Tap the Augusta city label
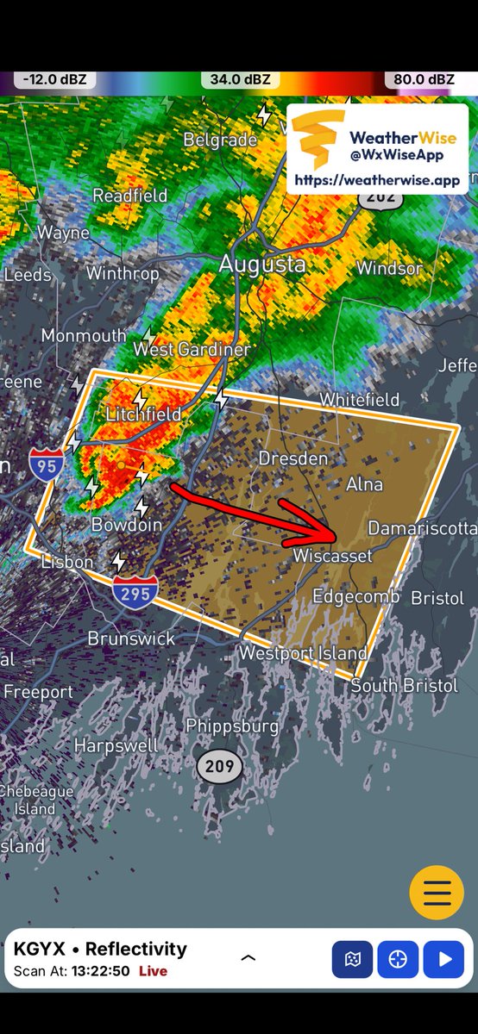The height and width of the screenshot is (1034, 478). [x=262, y=264]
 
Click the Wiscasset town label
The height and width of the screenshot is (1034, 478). [x=332, y=556]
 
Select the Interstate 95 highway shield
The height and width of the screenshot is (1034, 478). [x=45, y=464]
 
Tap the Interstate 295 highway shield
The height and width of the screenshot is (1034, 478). [x=135, y=591]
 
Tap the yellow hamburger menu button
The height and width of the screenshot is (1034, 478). [x=437, y=892]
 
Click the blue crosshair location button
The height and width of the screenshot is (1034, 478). [x=397, y=959]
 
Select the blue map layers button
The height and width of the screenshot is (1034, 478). [x=352, y=959]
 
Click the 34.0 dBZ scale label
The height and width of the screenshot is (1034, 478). [x=239, y=80]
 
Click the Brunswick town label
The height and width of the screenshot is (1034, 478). [x=131, y=638]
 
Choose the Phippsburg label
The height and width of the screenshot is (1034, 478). [x=233, y=726]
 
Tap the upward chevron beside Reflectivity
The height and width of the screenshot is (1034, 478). [x=248, y=957]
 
